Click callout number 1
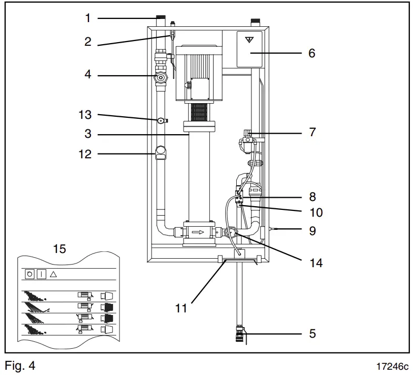pos(88,18)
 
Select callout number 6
pos(312,53)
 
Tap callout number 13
pos(85,115)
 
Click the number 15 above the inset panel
pos(60,249)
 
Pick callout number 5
pos(312,333)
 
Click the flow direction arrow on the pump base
pos(198,231)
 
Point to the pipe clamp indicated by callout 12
pos(161,154)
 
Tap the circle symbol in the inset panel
pos(29,275)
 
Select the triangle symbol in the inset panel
pos(53,275)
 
